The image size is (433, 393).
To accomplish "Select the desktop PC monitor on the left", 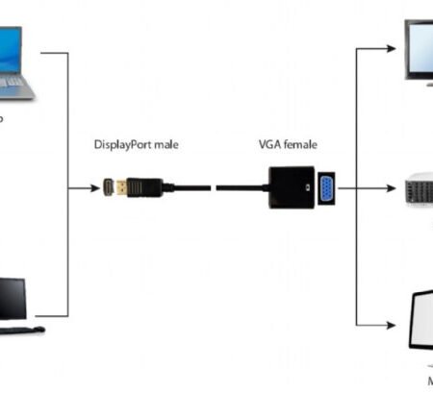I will click(x=12, y=299).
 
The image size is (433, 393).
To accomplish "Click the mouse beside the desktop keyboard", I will click(x=39, y=330).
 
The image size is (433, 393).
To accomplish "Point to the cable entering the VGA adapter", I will click(x=241, y=186).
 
